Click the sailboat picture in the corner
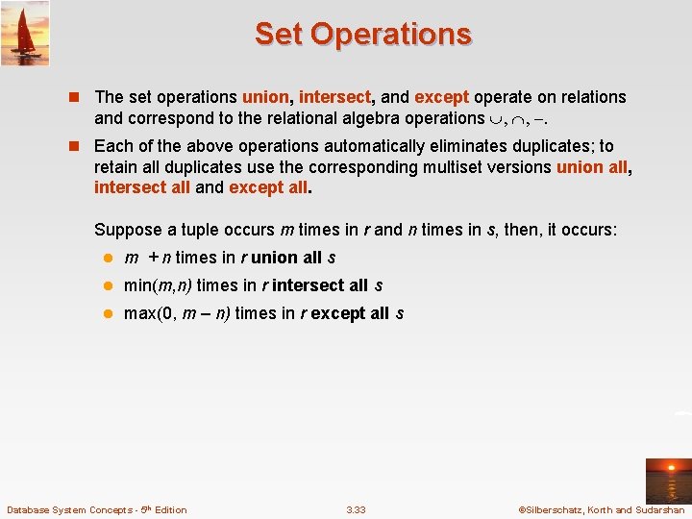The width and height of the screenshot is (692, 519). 25,34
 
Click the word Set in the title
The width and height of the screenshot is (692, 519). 279,34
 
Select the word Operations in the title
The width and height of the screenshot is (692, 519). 391,34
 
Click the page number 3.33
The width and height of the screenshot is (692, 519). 356,509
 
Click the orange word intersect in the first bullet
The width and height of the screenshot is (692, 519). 334,97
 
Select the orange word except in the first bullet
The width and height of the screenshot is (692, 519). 441,97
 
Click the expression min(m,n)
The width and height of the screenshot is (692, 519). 158,285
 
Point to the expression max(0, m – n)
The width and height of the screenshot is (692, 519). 177,313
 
